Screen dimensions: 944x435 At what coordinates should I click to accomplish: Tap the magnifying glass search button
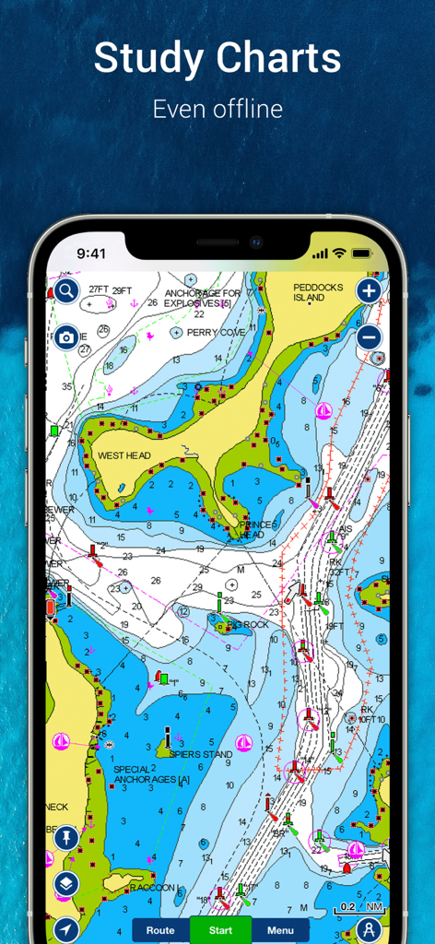(66, 291)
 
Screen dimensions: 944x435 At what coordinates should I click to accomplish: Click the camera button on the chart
(66, 337)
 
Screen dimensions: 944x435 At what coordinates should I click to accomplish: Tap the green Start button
(220, 930)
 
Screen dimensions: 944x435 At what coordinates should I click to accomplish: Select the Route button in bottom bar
(160, 930)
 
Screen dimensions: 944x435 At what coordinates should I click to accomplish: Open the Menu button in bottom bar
(280, 930)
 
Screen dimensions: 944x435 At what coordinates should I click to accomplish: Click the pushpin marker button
(66, 838)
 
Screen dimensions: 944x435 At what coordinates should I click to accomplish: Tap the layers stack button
(66, 883)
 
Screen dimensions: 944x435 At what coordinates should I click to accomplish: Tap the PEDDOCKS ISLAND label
(318, 292)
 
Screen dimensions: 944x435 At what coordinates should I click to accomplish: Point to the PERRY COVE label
(216, 333)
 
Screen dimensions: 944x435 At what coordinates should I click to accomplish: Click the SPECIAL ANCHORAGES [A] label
(151, 774)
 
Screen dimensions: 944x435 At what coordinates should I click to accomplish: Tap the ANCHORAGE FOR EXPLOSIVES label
(203, 298)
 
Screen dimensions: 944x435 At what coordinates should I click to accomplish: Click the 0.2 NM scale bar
(347, 907)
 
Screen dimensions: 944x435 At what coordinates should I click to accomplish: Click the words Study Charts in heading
(217, 59)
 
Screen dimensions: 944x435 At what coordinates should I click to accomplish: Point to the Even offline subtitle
(217, 109)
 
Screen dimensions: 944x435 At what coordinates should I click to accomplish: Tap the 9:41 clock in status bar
(91, 253)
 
